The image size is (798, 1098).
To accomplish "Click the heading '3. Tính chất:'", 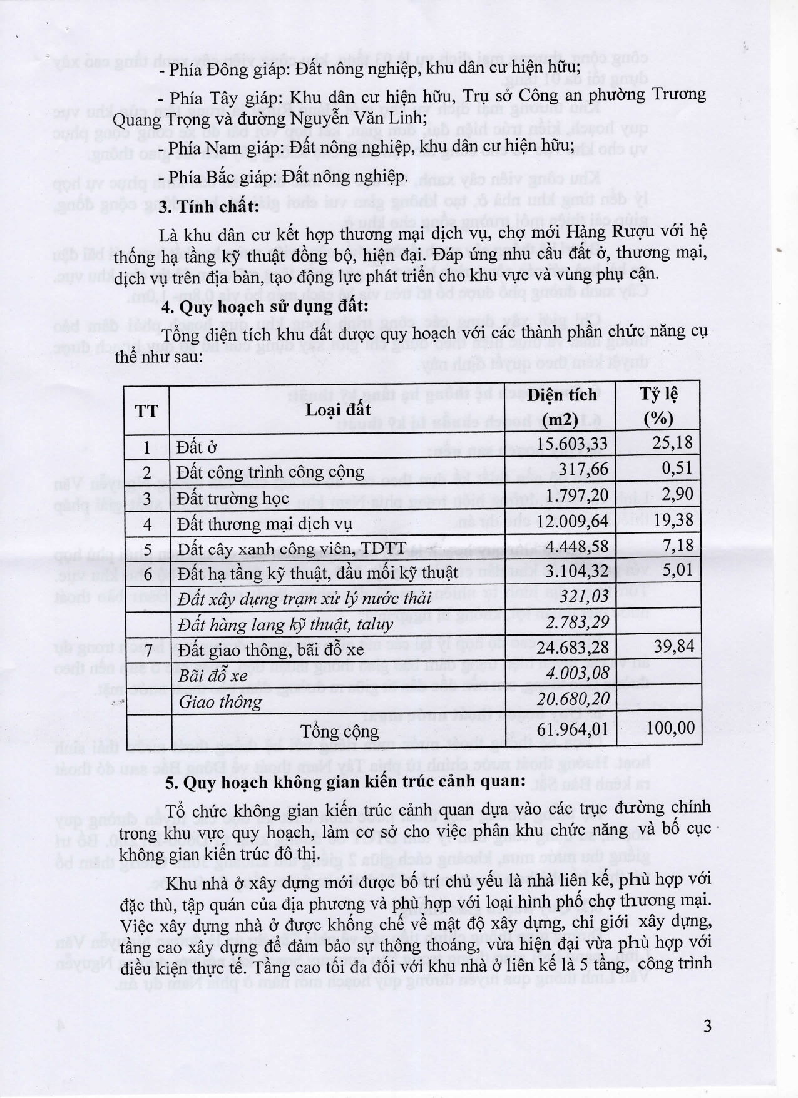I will [x=209, y=207].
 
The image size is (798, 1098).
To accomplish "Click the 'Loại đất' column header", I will [x=339, y=409].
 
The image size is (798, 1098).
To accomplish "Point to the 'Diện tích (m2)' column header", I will [x=561, y=407].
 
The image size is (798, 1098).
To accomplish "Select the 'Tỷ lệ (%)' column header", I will [x=658, y=406].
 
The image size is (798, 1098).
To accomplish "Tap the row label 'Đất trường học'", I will [x=233, y=498].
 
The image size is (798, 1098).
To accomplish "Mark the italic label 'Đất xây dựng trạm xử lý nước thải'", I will [x=304, y=599].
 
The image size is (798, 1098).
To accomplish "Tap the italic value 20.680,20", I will [x=573, y=698].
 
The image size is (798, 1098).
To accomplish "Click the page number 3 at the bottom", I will [x=707, y=1026].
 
